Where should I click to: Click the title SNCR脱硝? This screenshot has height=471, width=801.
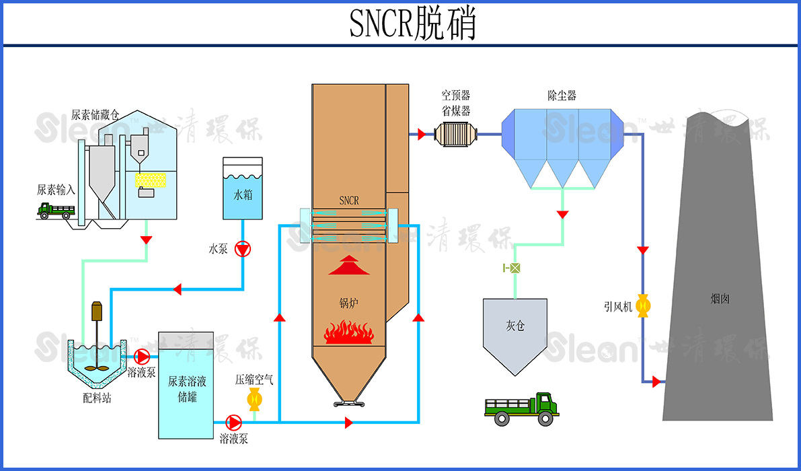point(412,24)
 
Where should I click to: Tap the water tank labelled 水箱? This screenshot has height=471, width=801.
point(243,188)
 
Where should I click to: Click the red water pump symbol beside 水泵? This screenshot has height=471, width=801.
point(243,249)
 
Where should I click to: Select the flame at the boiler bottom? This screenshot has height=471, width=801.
point(349,332)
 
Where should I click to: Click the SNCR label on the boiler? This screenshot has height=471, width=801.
point(349,201)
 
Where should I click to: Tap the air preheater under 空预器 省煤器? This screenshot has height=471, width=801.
point(455,134)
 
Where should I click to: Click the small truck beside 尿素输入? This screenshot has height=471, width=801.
point(55,211)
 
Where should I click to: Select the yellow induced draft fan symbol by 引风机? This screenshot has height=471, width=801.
point(643,306)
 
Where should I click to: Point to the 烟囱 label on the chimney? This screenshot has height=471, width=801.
point(720,298)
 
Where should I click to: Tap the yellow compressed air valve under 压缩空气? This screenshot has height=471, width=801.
point(255,400)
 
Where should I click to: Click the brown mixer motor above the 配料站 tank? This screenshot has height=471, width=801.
point(96,312)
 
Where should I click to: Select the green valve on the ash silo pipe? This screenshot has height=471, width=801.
point(514,268)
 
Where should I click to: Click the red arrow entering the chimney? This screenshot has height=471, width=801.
point(656,382)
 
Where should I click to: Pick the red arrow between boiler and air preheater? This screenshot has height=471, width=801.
point(421,135)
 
